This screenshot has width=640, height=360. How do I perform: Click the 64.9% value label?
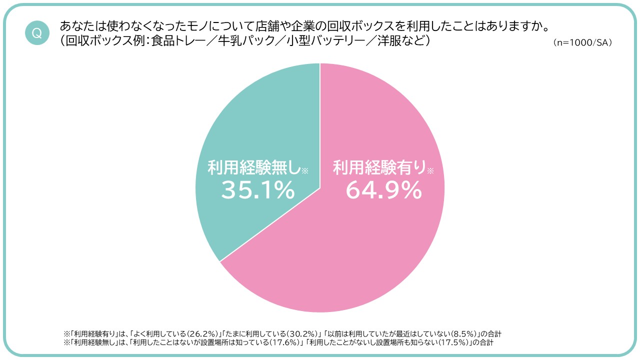coord(383,190)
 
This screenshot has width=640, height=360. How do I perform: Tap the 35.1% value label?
coord(258,190)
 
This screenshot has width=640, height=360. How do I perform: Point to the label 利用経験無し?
coord(254,168)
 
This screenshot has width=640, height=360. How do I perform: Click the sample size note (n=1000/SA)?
coord(582,43)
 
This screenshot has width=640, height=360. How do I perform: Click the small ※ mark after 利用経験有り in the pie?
coord(430,171)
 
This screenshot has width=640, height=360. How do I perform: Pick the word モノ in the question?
coord(182,25)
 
